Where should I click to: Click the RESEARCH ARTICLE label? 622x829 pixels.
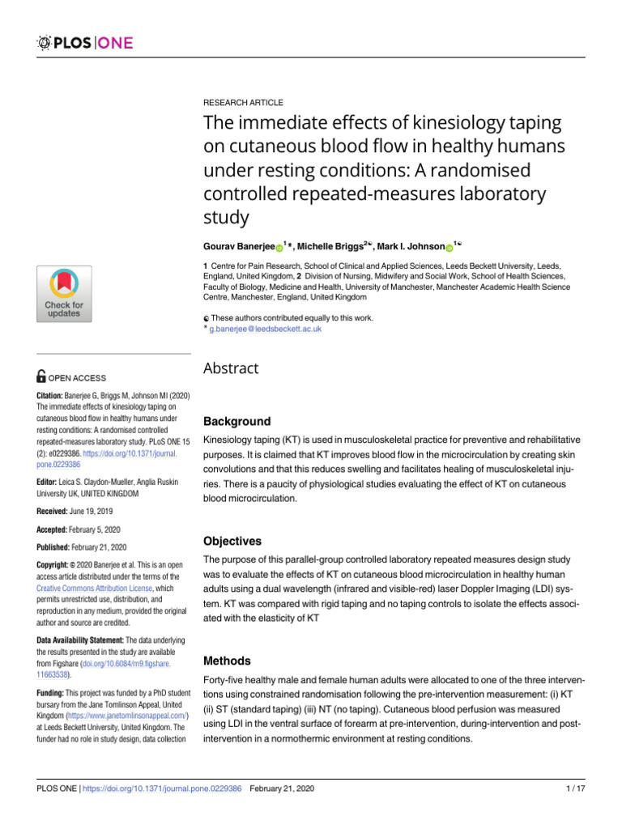(x=243, y=103)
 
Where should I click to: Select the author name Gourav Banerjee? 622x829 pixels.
(x=238, y=246)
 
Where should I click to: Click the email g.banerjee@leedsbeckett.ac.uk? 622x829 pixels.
(x=265, y=329)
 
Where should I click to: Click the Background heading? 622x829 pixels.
(x=236, y=422)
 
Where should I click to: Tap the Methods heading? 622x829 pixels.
(x=227, y=661)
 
